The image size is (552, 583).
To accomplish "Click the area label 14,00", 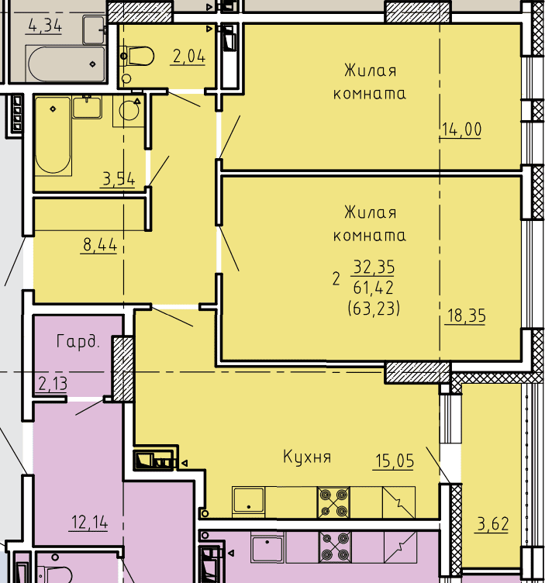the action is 461,130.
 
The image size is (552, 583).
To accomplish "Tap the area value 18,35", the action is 466,316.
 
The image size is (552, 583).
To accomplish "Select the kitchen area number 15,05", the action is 394,461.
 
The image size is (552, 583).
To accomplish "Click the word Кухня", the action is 307,457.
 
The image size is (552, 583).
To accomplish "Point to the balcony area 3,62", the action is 493,524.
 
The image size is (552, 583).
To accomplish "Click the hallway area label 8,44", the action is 100,245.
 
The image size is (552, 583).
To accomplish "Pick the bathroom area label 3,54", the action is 119,179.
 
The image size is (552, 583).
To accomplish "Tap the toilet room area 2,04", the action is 189,57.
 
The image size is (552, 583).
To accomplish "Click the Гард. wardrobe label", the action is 78,341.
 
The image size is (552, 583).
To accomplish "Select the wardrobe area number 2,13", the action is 53,384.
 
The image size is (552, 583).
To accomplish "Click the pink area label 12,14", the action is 89,523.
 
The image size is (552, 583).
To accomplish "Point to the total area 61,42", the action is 373,288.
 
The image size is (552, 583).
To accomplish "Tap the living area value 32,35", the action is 374,267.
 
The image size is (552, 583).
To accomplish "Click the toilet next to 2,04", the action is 137,56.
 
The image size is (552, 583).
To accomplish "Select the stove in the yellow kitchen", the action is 333,502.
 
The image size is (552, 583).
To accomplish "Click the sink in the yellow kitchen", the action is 248,502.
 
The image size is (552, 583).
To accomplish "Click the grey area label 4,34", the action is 45,26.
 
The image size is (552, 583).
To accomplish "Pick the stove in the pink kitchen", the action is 335,547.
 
